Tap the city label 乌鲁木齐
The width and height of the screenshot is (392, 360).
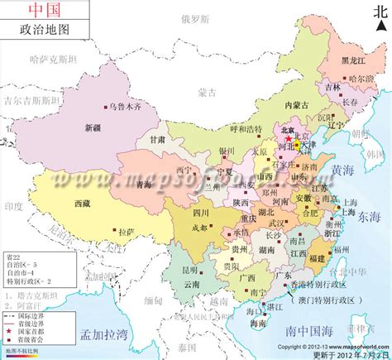pos(126,107)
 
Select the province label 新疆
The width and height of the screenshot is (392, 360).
pos(95,127)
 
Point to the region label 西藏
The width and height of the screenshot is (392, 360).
pos(83,202)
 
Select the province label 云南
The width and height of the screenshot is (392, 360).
pos(191,283)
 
